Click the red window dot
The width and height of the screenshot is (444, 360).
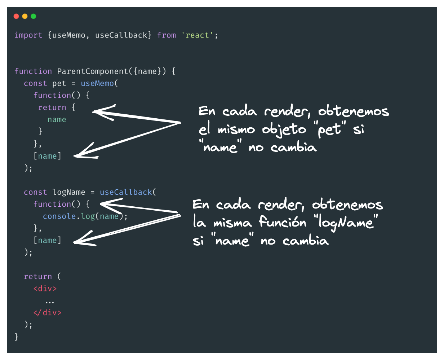(16, 16)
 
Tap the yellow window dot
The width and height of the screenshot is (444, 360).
(25, 16)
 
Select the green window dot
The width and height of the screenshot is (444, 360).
(34, 16)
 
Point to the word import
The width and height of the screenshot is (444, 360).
(28, 35)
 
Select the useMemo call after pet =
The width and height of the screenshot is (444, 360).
(97, 83)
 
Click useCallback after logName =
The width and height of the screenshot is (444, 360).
(126, 192)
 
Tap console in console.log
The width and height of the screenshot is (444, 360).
(59, 216)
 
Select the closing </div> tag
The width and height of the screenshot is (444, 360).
(47, 313)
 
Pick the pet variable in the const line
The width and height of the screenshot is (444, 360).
(59, 83)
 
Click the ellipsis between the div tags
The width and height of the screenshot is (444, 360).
(50, 301)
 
